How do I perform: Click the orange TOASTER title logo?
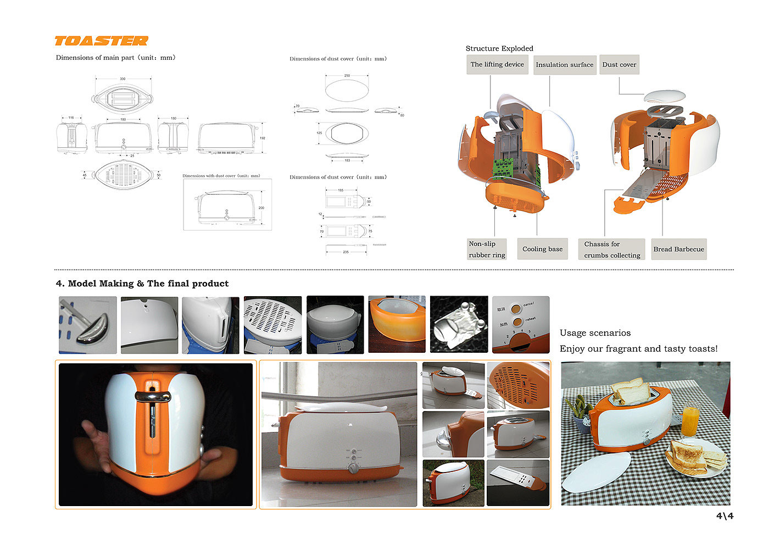coord(101,41)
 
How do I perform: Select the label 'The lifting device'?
coord(497,64)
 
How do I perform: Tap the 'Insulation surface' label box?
coord(564,65)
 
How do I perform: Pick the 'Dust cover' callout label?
coord(619,65)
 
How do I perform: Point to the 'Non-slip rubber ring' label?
coord(487,249)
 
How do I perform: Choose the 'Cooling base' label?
coord(542,249)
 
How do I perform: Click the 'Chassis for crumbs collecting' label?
coord(611,249)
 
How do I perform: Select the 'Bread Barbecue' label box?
coord(678,249)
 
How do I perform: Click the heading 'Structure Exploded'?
coord(499,48)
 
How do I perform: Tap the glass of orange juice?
coord(690,420)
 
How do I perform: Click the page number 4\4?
coord(725,516)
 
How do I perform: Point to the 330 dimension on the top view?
coord(122,79)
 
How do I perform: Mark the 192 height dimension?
coord(263,138)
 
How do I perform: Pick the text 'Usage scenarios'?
coord(595,333)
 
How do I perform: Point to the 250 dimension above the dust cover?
coord(347,75)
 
